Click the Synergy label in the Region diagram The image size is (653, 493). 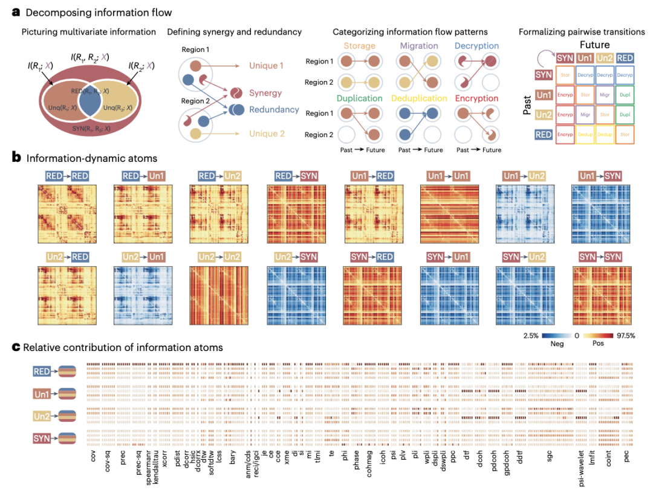265,93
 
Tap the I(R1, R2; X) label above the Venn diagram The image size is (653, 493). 89,56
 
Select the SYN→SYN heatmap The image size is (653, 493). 600,292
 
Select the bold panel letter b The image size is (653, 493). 17,158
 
